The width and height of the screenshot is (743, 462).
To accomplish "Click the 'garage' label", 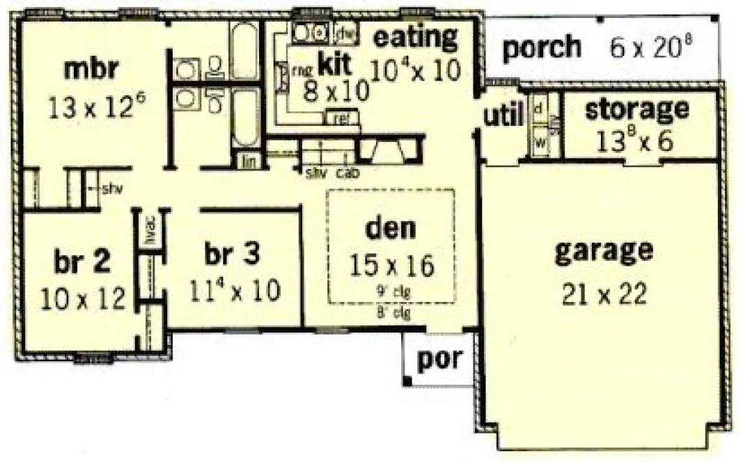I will [604, 250].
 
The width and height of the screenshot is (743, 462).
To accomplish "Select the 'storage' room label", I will [636, 109].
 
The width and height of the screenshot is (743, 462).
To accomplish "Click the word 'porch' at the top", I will [541, 47].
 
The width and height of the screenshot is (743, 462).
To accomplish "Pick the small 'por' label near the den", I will [439, 359].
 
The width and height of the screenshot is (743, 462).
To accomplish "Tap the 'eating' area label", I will [416, 36].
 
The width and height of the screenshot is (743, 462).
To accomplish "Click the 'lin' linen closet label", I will [249, 161].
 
